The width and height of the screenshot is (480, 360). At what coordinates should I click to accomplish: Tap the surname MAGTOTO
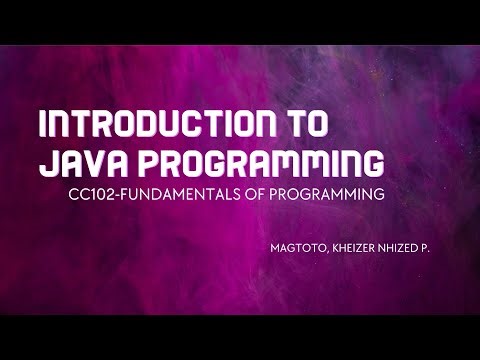point(298,243)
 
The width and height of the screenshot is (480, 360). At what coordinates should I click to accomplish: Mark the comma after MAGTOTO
point(327,246)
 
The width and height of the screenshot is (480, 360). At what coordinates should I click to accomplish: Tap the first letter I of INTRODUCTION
point(41,125)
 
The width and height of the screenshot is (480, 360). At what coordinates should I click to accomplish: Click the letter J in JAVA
point(45,163)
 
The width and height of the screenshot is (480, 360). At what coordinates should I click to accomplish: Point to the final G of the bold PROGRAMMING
point(373,163)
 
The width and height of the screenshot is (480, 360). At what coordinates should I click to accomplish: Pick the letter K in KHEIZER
point(336,243)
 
